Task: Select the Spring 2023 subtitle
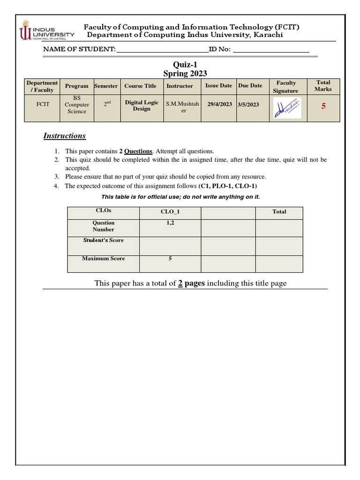point(185,74)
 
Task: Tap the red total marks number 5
point(323,106)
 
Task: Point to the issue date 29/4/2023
point(219,105)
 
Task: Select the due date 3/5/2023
point(248,105)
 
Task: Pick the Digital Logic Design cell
point(142,105)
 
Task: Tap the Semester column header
point(106,86)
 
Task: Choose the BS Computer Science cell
point(76,105)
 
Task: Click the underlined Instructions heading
point(65,136)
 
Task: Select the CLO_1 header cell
point(170,212)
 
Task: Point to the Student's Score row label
point(104,240)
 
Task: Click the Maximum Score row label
point(104,258)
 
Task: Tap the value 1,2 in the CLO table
point(170,223)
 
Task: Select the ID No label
point(219,49)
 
